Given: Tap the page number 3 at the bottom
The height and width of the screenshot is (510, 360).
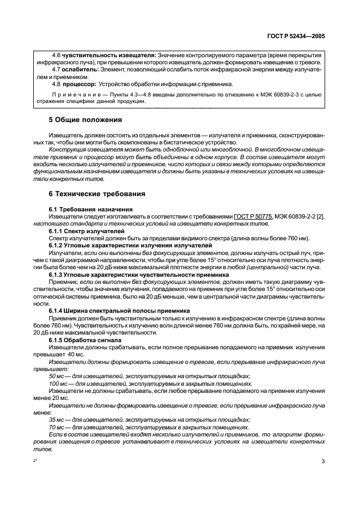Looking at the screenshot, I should (x=323, y=461).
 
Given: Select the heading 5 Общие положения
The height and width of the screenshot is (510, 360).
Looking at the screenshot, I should (x=86, y=119).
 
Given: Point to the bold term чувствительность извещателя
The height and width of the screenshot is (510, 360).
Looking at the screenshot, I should (x=109, y=55).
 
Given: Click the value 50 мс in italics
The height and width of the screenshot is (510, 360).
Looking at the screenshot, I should (x=57, y=375).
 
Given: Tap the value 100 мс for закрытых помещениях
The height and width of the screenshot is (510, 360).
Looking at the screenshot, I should (x=59, y=383).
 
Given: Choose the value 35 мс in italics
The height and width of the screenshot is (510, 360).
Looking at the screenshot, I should (x=57, y=420).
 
